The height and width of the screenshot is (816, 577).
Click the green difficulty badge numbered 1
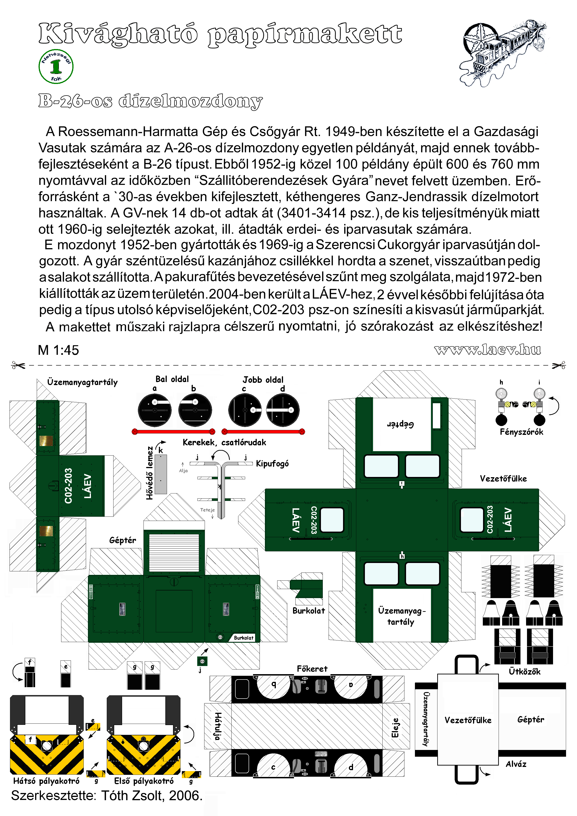pos(56,67)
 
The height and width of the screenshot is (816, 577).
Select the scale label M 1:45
pos(58,350)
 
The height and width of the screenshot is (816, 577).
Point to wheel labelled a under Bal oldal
pos(155,410)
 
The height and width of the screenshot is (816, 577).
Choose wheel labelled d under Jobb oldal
pos(283,410)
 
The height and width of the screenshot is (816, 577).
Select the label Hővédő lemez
pos(150,473)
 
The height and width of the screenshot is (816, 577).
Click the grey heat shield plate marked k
pos(161,474)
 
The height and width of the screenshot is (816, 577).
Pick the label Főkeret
pos(312,669)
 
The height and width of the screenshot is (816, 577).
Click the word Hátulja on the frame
pos(218,726)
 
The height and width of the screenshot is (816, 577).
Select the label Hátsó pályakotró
pos(46,781)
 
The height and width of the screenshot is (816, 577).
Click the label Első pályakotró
pos(144,781)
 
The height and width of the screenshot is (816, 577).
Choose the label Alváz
pos(516,764)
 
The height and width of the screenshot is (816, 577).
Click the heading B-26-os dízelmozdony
pos(150,101)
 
